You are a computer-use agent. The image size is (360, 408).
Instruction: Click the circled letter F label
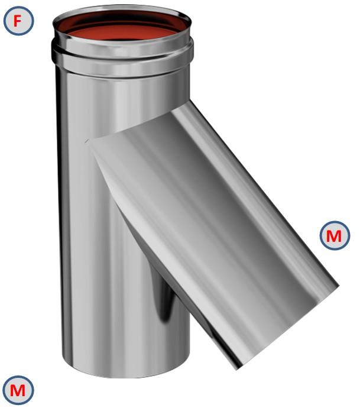pos(18,22)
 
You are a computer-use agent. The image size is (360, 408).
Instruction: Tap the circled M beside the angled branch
pos(334,236)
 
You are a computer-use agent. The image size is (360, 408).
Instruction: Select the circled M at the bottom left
pos(18,390)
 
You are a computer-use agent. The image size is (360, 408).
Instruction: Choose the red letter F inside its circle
pos(18,22)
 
